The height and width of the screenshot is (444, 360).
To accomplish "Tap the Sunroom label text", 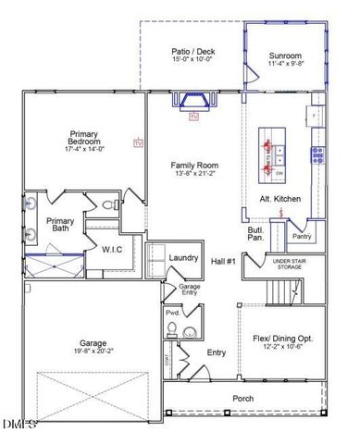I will (x=285, y=55).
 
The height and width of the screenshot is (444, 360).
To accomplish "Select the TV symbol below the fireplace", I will (x=194, y=118).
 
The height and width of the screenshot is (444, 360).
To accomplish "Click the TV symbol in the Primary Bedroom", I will (x=139, y=143).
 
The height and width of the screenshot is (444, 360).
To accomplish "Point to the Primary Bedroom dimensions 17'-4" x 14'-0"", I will (x=84, y=149).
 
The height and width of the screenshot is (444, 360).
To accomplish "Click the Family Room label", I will (x=192, y=163).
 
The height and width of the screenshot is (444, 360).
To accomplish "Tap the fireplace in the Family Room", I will (x=194, y=100).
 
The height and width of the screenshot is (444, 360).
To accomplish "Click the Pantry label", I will (x=302, y=237).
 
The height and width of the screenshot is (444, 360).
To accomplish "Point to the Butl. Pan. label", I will (x=257, y=234).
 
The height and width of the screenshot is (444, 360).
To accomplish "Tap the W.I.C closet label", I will (x=112, y=249).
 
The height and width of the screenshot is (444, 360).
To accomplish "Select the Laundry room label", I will (x=184, y=257).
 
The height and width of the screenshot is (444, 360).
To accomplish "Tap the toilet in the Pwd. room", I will (x=190, y=332).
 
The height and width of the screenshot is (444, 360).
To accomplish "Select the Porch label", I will (x=242, y=398).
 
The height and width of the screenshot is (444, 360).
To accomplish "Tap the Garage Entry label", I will (x=177, y=291).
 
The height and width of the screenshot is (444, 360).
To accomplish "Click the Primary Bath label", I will (x=60, y=225).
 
